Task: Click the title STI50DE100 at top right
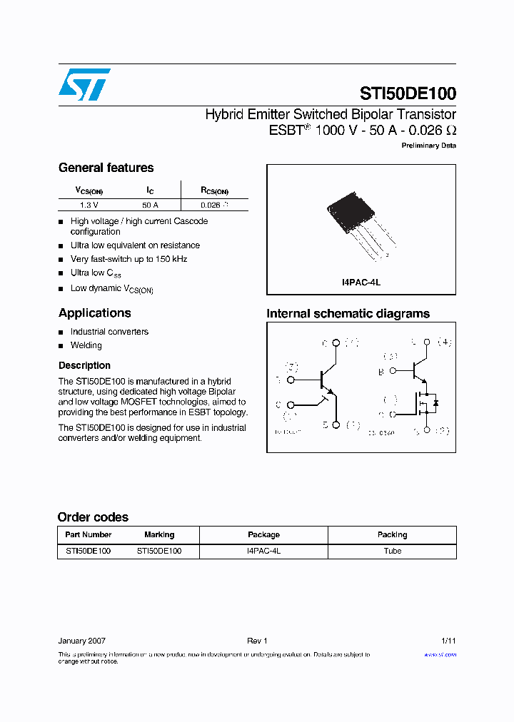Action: click(x=408, y=93)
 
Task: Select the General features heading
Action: click(x=106, y=168)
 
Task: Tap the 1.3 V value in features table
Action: click(x=89, y=205)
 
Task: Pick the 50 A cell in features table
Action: click(x=150, y=205)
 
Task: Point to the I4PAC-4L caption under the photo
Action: click(x=361, y=282)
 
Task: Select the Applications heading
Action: click(x=94, y=312)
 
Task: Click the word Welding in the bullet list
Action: click(x=86, y=345)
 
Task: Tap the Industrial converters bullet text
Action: click(x=109, y=332)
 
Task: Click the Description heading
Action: click(x=84, y=365)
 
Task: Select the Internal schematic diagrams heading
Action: click(x=348, y=313)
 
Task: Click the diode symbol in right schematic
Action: click(x=435, y=403)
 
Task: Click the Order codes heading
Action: click(x=93, y=517)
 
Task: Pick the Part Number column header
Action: click(x=88, y=534)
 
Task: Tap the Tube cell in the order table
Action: click(x=392, y=551)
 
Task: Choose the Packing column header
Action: click(x=392, y=534)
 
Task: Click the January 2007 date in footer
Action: click(x=81, y=641)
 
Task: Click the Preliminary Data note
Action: click(x=428, y=146)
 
